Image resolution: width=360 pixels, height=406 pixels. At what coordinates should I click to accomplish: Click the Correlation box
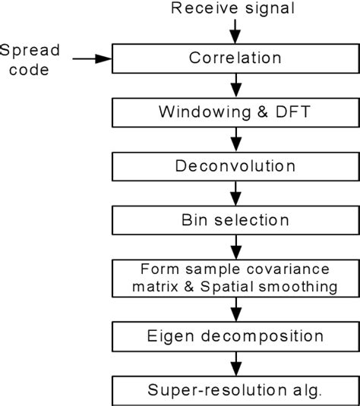pyautogui.click(x=235, y=58)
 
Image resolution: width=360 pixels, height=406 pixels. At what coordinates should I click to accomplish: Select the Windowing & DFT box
pyautogui.click(x=235, y=112)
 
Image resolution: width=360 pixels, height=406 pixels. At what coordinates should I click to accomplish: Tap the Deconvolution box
pyautogui.click(x=235, y=166)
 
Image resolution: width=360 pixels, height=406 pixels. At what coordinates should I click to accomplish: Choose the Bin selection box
pyautogui.click(x=235, y=221)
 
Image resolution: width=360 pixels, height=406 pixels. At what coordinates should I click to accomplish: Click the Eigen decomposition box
pyautogui.click(x=235, y=335)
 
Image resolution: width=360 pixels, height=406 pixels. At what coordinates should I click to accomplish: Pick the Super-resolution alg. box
pyautogui.click(x=235, y=390)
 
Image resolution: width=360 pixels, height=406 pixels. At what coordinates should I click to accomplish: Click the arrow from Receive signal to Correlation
pyautogui.click(x=235, y=31)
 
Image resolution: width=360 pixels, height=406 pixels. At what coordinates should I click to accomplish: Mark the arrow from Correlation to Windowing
pyautogui.click(x=235, y=84)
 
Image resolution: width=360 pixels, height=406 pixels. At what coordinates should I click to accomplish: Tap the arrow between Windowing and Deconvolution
pyautogui.click(x=235, y=139)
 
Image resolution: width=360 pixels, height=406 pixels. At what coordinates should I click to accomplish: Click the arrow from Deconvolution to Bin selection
pyautogui.click(x=235, y=194)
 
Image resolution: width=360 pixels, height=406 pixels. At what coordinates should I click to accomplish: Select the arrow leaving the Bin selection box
pyautogui.click(x=235, y=247)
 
